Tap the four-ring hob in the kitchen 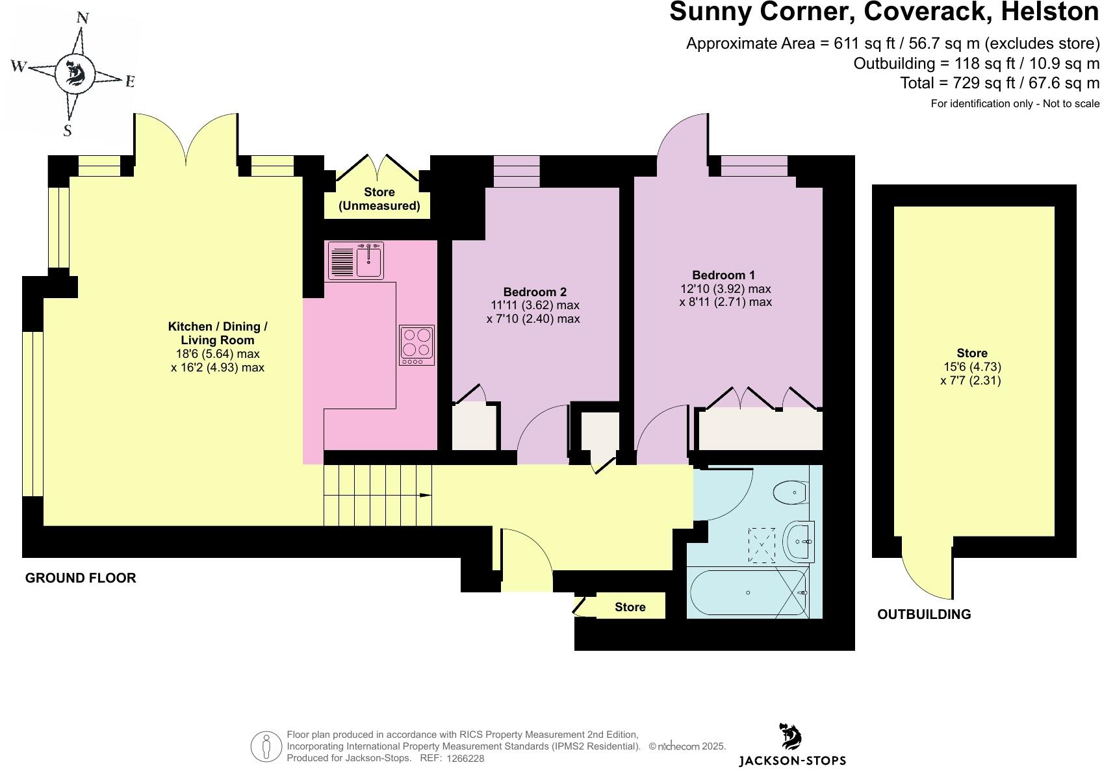[416, 344]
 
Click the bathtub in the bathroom [747, 592]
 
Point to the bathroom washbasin [799, 541]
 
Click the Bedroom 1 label [723, 275]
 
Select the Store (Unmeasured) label [379, 199]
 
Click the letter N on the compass [83, 18]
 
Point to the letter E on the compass [129, 81]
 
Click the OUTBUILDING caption [924, 614]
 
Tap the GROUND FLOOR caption [81, 578]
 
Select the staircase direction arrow [425, 496]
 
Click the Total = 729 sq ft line [999, 83]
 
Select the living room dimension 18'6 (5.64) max [218, 354]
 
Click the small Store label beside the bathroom [630, 607]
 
